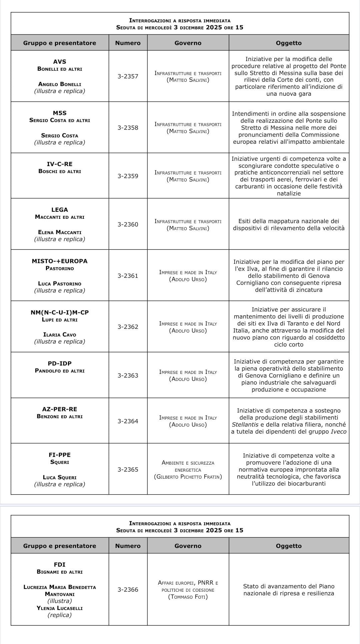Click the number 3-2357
(128, 76)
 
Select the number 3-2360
(128, 224)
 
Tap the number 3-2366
(128, 590)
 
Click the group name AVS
(60, 62)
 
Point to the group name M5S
(60, 113)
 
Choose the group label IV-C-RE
(60, 164)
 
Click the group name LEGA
(60, 210)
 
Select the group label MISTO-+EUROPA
(60, 261)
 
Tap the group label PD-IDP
(60, 364)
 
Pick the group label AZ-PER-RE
(60, 409)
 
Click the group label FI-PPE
(60, 455)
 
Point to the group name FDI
(60, 565)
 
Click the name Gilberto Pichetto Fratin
(188, 477)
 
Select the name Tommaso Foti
(188, 597)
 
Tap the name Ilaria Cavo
(60, 335)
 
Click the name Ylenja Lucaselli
(60, 608)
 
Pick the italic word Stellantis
(245, 425)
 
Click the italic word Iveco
(338, 432)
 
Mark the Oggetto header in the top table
(289, 43)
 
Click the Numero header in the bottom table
(128, 546)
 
